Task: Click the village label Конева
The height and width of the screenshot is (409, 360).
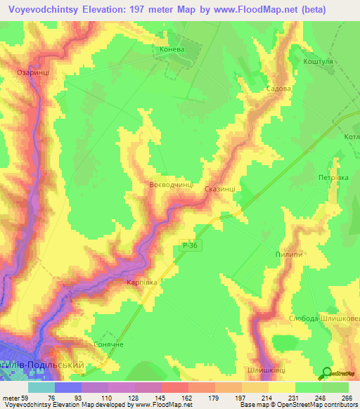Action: pyautogui.click(x=172, y=51)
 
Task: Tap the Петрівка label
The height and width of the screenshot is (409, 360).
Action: pyautogui.click(x=333, y=178)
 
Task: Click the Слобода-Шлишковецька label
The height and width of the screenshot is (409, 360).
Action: pyautogui.click(x=324, y=318)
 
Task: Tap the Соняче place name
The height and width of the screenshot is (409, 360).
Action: pyautogui.click(x=108, y=345)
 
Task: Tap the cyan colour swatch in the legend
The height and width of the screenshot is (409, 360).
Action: pyautogui.click(x=41, y=387)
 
